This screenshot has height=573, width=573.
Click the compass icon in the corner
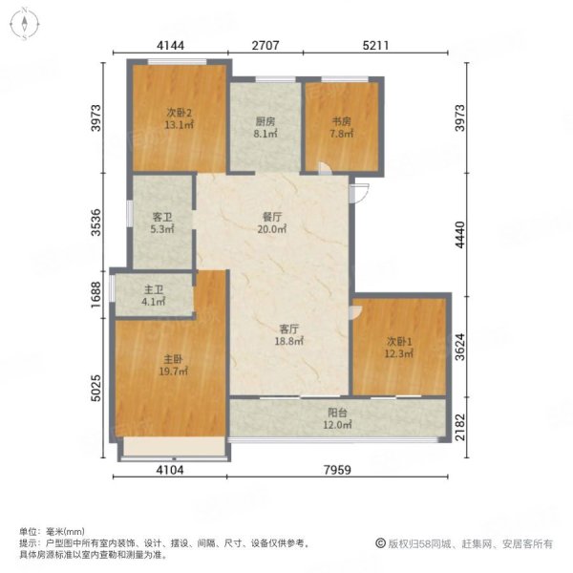(25, 24)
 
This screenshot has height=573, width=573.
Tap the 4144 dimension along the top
(170, 45)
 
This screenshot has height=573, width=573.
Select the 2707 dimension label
(265, 45)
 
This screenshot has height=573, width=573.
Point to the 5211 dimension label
(375, 45)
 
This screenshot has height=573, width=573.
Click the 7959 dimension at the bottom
(337, 470)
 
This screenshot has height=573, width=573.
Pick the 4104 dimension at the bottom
(170, 470)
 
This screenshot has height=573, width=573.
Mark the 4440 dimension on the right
(460, 235)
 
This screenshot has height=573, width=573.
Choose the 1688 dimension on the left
(95, 294)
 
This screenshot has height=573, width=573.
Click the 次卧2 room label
(180, 112)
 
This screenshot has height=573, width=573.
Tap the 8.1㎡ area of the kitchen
(265, 134)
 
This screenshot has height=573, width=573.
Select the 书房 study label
(341, 121)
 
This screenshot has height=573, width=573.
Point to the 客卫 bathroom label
(162, 217)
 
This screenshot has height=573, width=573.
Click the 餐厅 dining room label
(272, 217)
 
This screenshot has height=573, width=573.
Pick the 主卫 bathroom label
(154, 289)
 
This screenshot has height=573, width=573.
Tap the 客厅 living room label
(289, 329)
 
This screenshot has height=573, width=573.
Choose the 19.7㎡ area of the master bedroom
(173, 371)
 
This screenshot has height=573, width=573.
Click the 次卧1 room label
(399, 341)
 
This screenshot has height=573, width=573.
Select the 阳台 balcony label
(337, 413)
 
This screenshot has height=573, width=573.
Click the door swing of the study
(325, 168)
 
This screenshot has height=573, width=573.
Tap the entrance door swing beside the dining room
(359, 193)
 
